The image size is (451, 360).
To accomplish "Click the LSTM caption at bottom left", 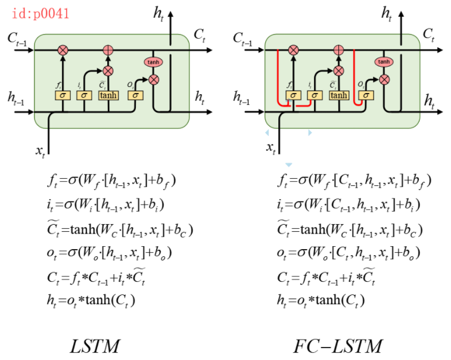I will click(96, 346).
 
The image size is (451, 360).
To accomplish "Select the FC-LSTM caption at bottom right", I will click(337, 346).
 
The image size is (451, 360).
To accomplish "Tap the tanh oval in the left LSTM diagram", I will click(153, 62).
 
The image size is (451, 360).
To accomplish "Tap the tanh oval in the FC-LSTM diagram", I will click(384, 62).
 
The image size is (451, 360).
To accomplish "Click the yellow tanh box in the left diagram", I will click(108, 95).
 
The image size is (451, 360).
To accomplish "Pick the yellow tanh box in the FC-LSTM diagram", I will click(338, 95).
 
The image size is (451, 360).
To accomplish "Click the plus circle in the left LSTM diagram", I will click(108, 51).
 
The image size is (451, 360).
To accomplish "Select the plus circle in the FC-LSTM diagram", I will click(338, 51).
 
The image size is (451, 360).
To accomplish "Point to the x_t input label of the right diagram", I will click(271, 148).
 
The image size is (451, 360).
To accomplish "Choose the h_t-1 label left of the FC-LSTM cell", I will click(245, 97).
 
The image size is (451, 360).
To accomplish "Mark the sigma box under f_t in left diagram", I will click(63, 95).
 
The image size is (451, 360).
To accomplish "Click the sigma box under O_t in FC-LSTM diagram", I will click(366, 95).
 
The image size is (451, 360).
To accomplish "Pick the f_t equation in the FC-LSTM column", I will click(354, 179).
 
